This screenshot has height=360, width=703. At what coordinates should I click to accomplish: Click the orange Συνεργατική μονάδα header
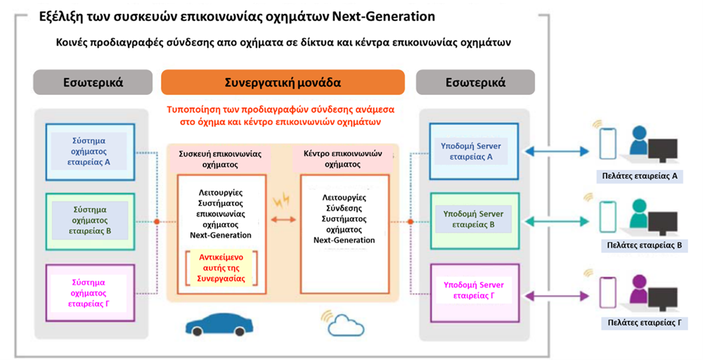[283, 82]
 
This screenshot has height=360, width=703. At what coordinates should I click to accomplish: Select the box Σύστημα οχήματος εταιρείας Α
[90, 152]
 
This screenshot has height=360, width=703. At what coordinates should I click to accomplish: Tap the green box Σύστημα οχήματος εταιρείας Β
[90, 221]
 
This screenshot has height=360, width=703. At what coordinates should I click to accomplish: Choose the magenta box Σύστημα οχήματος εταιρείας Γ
[90, 292]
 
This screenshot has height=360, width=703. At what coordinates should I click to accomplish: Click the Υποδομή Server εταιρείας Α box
[474, 152]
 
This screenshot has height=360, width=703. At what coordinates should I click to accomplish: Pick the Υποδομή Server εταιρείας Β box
[474, 221]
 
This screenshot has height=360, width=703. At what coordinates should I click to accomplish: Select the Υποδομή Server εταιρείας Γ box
[474, 292]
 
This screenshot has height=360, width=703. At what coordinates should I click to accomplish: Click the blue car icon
[219, 323]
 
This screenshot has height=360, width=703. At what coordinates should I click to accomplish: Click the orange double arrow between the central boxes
[283, 219]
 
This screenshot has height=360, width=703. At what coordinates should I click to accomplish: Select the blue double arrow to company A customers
[556, 152]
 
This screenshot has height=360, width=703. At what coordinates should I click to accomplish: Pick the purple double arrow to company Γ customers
[556, 296]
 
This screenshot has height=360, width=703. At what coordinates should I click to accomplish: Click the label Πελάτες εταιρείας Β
[644, 245]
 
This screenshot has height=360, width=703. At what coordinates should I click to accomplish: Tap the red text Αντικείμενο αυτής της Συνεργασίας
[221, 268]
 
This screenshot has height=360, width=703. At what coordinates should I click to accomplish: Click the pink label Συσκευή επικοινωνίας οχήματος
[219, 159]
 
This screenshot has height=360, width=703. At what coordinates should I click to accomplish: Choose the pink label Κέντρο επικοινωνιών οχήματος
[342, 159]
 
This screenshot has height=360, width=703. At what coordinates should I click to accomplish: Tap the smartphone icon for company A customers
[607, 143]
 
